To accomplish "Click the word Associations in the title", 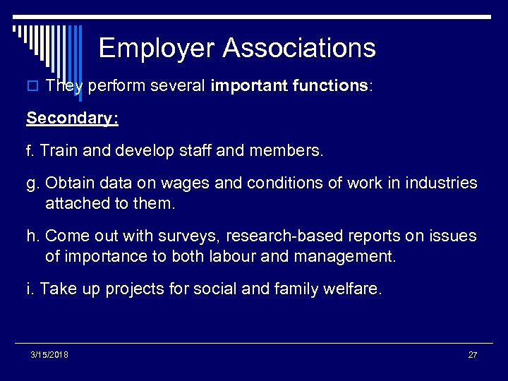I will (299, 48).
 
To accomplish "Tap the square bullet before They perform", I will (31, 86).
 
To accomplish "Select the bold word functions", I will (324, 86).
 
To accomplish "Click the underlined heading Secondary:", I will (73, 118).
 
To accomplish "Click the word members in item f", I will (291, 150).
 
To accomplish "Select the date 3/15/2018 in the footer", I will (49, 354).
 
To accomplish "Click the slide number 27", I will (472, 354).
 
